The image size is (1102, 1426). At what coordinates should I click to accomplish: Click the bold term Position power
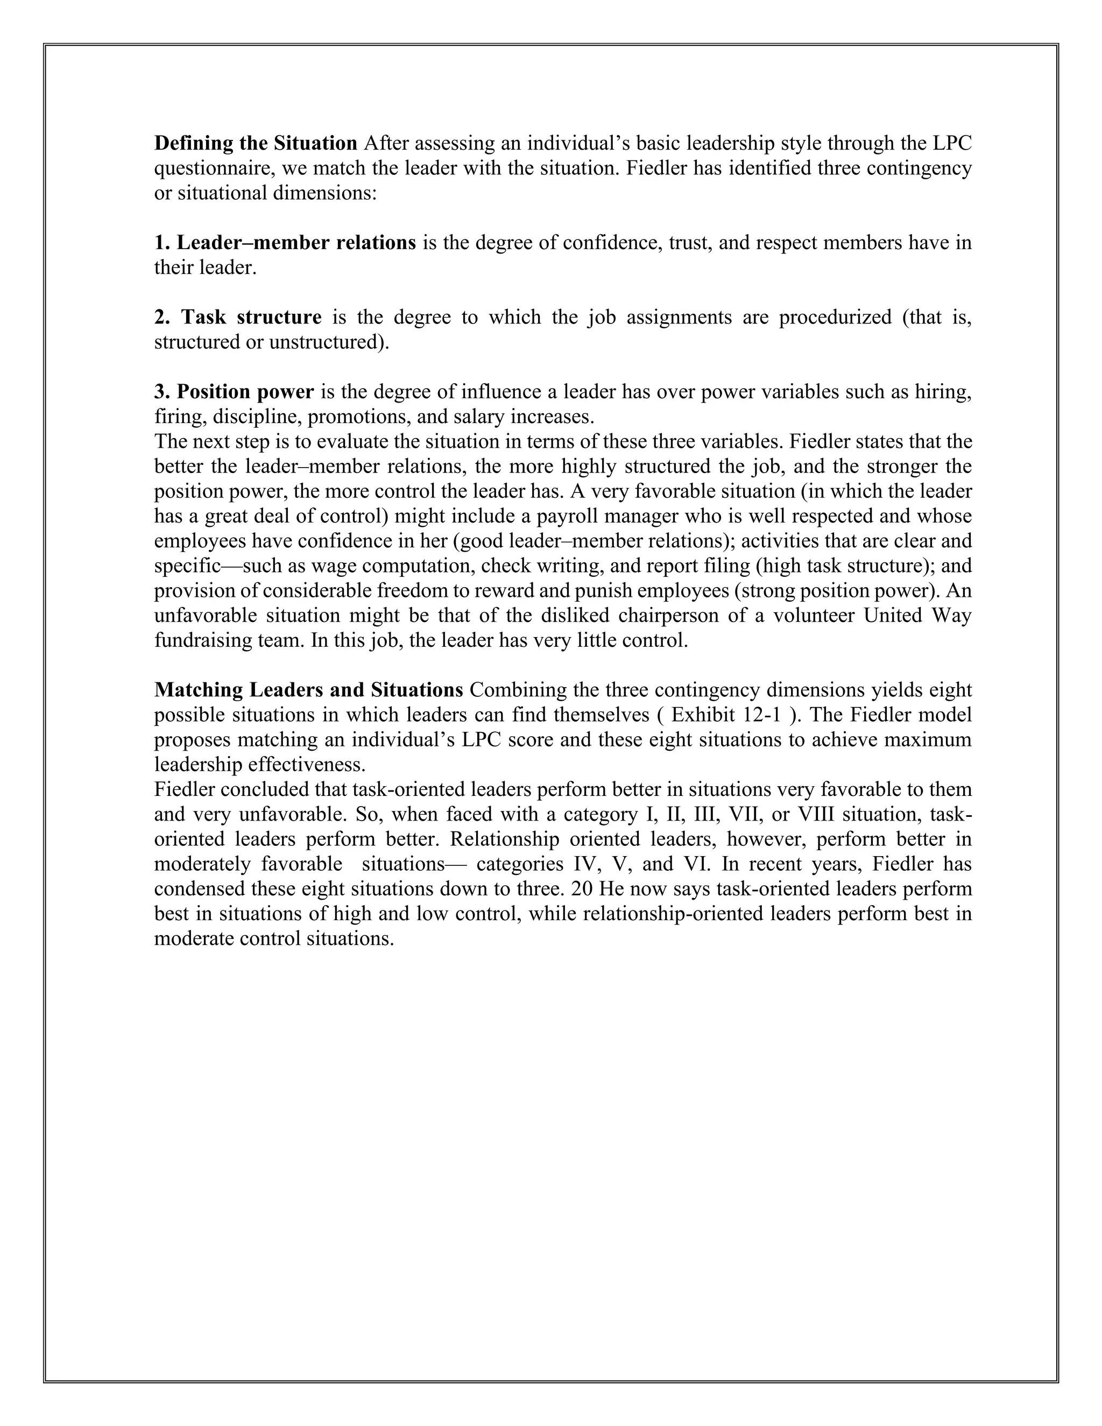235,392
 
